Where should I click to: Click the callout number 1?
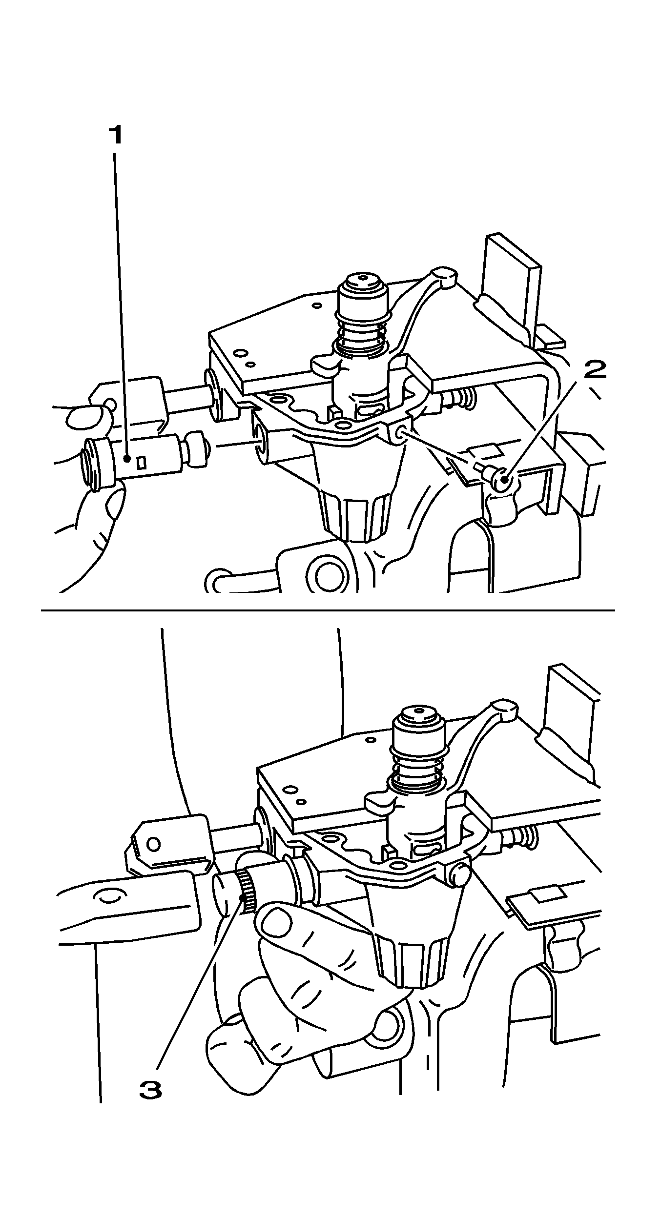click(115, 136)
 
